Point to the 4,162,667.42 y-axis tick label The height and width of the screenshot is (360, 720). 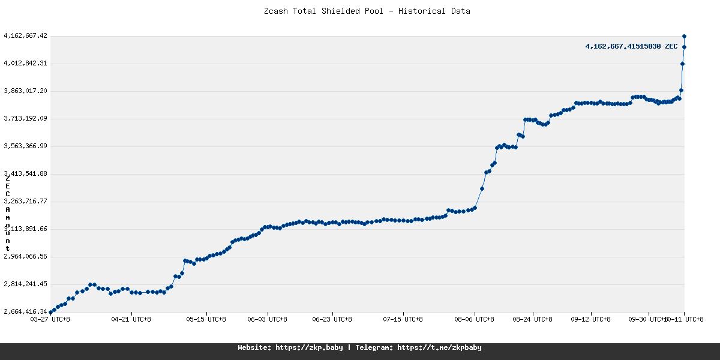(25, 36)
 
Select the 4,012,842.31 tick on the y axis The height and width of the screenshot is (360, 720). (25, 64)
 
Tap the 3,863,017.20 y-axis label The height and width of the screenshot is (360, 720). (25, 91)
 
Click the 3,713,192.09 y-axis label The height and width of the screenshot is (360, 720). (25, 119)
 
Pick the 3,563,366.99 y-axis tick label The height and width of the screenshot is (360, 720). (25, 146)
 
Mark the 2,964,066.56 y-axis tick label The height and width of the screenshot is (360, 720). (25, 257)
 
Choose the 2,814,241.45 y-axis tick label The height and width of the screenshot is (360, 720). (25, 284)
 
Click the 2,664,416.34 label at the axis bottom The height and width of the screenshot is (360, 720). (25, 312)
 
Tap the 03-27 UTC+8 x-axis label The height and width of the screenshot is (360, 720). (50, 319)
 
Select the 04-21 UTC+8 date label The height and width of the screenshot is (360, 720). (131, 319)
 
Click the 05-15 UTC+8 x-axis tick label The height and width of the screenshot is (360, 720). (206, 319)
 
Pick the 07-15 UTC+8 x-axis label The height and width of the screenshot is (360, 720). (403, 319)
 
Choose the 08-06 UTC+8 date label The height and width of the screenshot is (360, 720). (475, 319)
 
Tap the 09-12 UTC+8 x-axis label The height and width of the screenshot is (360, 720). (591, 319)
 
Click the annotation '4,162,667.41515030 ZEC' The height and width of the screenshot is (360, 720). (631, 46)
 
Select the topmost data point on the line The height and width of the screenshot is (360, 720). (684, 37)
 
